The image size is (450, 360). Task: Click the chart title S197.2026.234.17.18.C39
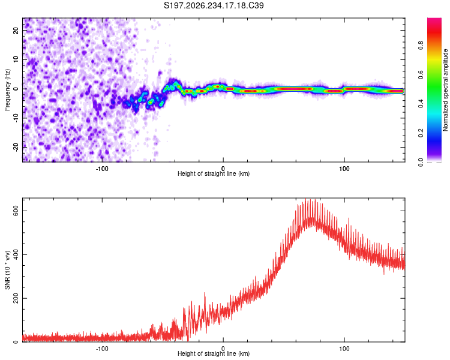[x=214, y=5]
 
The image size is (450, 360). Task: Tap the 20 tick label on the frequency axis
[x=16, y=31]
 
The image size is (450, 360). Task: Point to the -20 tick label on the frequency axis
[x=16, y=147]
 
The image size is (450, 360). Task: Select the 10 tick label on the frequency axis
[x=16, y=59]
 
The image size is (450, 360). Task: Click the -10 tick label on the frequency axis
[x=16, y=118]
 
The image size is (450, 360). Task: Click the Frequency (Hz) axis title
[x=7, y=90]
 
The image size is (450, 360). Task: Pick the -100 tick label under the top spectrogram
[x=102, y=169]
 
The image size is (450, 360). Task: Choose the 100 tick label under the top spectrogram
[x=344, y=169]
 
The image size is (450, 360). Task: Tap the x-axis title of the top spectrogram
[x=214, y=173]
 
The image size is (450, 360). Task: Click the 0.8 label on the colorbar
[x=421, y=46]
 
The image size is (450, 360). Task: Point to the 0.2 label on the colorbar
[x=421, y=133]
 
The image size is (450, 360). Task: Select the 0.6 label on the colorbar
[x=421, y=74]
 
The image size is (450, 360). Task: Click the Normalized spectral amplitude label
[x=445, y=90]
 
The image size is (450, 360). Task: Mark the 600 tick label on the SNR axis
[x=16, y=211]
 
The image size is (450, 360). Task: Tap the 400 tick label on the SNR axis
[x=16, y=254]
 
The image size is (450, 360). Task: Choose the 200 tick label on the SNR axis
[x=16, y=298]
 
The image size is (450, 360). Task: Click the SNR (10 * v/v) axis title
[x=7, y=270]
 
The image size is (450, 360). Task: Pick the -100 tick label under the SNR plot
[x=102, y=349]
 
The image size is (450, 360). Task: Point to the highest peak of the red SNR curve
[x=305, y=199]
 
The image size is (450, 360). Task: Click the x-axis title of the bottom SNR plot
[x=214, y=353]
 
